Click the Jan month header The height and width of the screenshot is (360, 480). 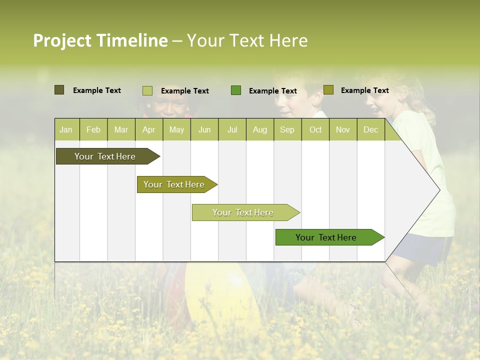tap(66, 129)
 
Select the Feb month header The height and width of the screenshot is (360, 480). tap(93, 129)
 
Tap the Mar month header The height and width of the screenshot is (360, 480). tap(121, 129)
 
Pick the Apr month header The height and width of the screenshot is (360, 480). tap(148, 129)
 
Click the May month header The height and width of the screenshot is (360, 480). tap(176, 129)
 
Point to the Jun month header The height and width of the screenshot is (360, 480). tap(204, 129)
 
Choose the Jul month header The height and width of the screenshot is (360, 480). tap(232, 129)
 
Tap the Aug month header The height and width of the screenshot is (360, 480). tap(259, 129)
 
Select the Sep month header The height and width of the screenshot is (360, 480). tap(287, 129)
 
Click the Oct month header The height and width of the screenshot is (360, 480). tap(315, 129)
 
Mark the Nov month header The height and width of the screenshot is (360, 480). tap(343, 129)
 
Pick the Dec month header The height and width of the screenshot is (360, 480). tap(370, 129)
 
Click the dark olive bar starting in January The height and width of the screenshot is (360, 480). tap(105, 156)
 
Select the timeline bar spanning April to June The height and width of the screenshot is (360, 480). tap(174, 184)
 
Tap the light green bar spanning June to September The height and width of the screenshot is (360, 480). tap(243, 212)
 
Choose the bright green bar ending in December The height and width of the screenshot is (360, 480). tap(326, 237)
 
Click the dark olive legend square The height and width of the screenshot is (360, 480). tap(59, 90)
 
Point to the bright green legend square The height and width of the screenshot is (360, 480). tap(236, 90)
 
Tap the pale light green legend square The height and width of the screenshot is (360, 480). tap(147, 90)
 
